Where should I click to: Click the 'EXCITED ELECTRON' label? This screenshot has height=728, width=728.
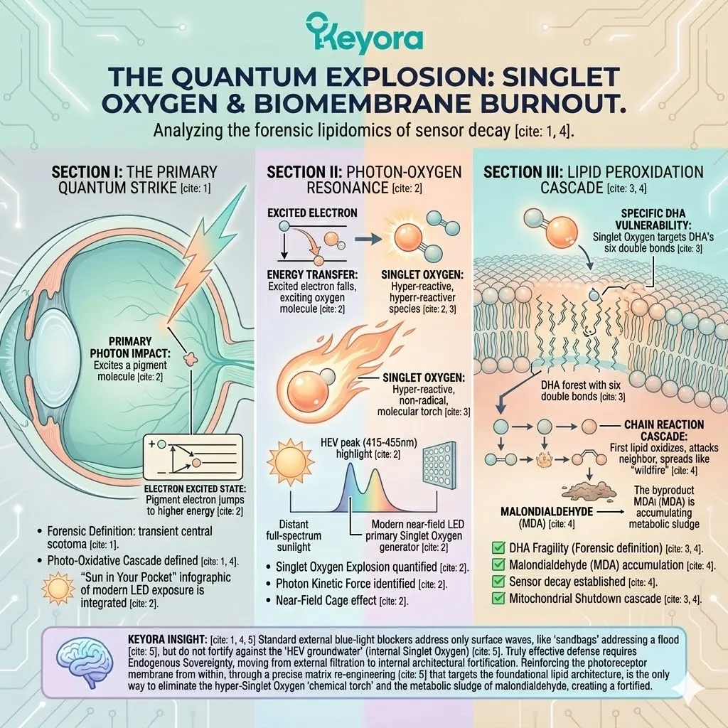(x=313, y=213)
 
